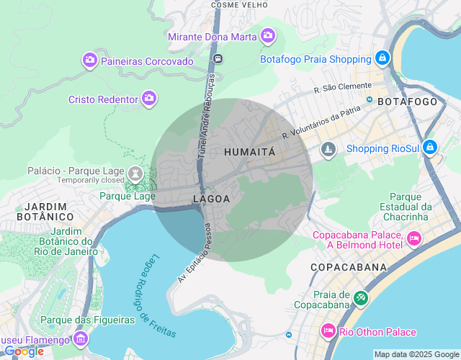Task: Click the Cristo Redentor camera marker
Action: click(x=149, y=98)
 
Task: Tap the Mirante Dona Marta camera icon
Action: click(x=268, y=35)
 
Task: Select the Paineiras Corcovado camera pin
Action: click(x=91, y=60)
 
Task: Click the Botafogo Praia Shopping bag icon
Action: click(x=382, y=58)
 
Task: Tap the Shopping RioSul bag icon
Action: click(x=429, y=148)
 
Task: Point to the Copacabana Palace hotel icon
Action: click(x=414, y=238)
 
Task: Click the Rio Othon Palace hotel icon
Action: click(x=328, y=331)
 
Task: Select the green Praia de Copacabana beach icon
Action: click(x=361, y=297)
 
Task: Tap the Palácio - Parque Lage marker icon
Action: click(x=135, y=173)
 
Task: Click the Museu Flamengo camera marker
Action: click(x=81, y=338)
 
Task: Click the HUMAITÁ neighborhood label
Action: click(x=249, y=152)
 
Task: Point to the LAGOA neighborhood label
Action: click(x=211, y=198)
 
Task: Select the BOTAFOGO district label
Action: click(x=407, y=102)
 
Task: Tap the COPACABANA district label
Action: click(x=348, y=267)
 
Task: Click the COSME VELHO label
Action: click(x=236, y=4)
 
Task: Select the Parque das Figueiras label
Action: click(x=88, y=320)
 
